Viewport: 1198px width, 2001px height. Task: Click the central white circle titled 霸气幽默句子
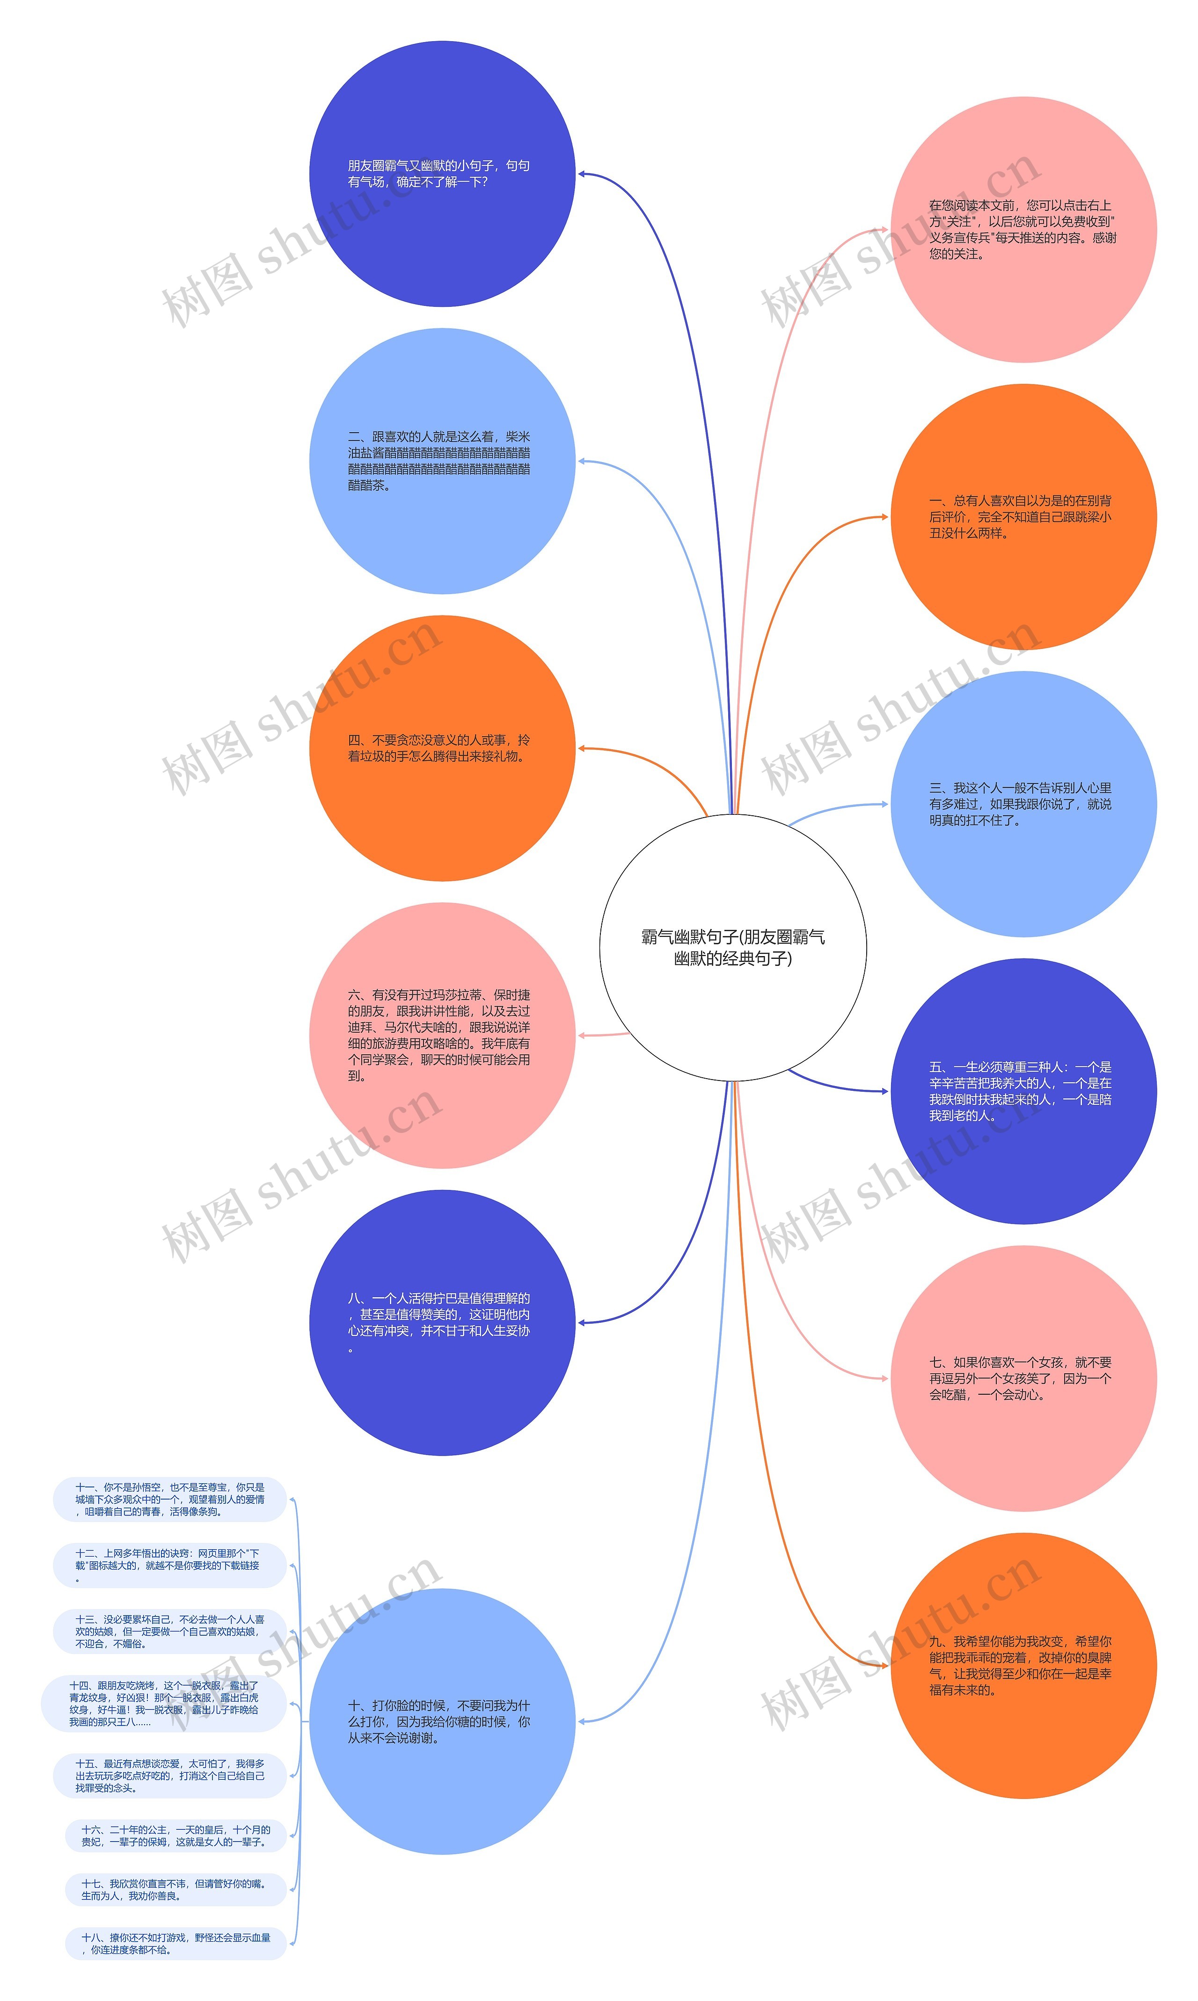[x=732, y=947]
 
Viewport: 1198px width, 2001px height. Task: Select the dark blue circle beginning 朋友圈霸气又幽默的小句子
[x=442, y=174]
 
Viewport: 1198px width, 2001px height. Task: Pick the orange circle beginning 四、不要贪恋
[x=442, y=748]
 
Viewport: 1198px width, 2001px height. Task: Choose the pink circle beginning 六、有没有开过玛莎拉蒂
[x=442, y=1035]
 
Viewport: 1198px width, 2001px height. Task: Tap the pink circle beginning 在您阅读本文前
[x=1023, y=230]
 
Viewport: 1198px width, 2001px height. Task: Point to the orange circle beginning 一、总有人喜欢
[x=1023, y=516]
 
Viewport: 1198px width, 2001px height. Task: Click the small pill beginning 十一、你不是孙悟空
[x=169, y=1499]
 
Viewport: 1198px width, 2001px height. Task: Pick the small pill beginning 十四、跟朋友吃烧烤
[x=164, y=1703]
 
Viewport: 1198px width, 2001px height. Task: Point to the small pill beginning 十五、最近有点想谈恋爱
[x=169, y=1775]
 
